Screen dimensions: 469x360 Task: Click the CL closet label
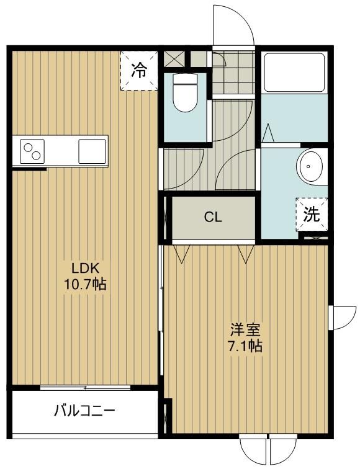(x=214, y=218)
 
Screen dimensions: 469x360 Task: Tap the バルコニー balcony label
(x=84, y=411)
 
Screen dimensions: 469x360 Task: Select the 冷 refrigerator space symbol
(x=139, y=70)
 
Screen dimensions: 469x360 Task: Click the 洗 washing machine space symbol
(x=311, y=214)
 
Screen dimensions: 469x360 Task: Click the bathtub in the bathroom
(x=294, y=72)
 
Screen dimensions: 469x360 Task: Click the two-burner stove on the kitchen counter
(x=32, y=151)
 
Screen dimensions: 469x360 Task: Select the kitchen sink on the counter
(x=92, y=151)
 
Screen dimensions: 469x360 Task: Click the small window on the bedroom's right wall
(x=339, y=318)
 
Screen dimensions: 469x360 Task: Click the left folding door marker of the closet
(x=182, y=253)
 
